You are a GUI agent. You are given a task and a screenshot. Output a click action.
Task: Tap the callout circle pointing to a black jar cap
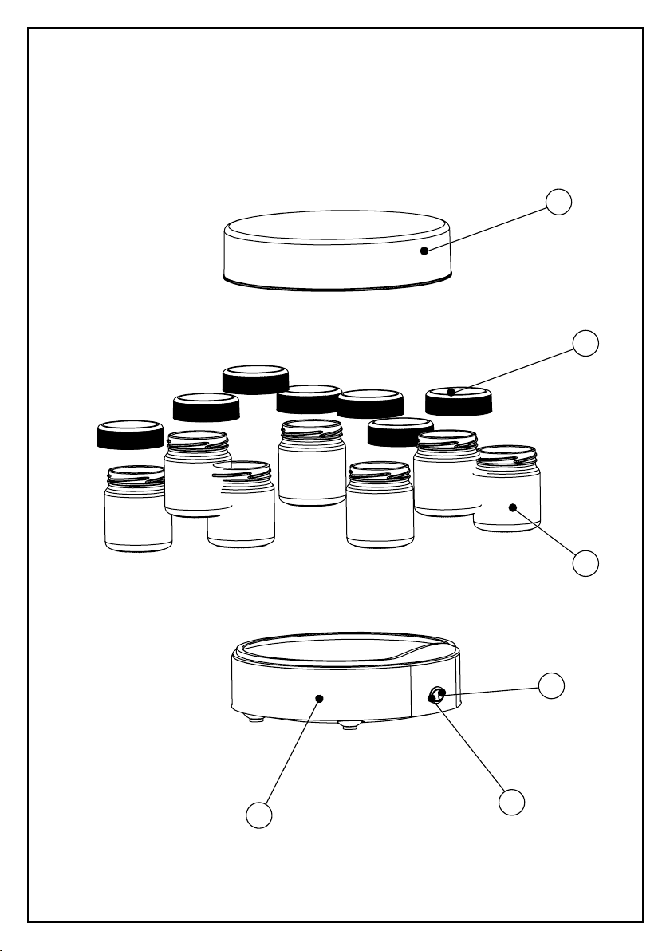(586, 343)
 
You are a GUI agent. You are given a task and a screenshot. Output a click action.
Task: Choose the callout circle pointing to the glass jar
(586, 563)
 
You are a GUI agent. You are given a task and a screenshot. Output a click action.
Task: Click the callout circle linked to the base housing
(259, 815)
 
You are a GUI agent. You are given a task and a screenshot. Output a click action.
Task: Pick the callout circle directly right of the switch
(552, 685)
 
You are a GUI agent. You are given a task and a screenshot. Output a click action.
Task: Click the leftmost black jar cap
(129, 435)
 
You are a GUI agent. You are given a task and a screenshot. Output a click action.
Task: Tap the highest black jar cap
(255, 379)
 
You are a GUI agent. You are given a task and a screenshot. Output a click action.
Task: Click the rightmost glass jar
(507, 495)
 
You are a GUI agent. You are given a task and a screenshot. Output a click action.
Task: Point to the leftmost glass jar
(137, 515)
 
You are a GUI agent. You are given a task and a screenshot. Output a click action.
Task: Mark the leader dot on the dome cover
(425, 251)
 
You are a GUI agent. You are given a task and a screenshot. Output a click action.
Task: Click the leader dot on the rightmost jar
(514, 507)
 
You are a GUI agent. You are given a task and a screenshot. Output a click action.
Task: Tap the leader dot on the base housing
(319, 698)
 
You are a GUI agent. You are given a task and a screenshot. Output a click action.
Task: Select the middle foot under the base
(349, 725)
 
